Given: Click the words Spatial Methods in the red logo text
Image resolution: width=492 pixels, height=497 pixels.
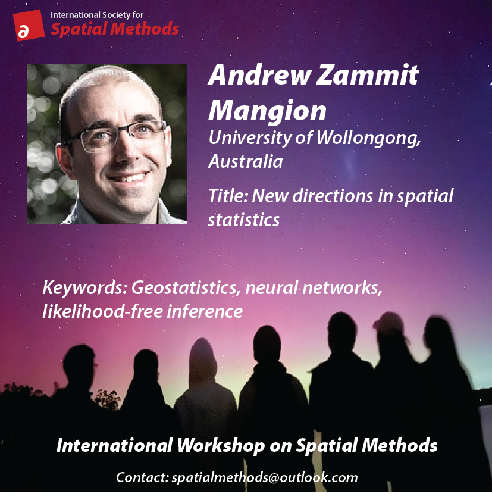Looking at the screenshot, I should tap(114, 28).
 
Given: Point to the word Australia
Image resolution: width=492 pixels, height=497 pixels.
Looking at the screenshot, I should tap(245, 161).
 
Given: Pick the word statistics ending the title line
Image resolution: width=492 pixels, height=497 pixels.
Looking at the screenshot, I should tap(243, 219).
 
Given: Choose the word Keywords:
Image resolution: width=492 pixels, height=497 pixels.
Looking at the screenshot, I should tap(84, 289).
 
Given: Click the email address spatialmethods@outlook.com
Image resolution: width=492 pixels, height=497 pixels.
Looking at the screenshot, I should tap(265, 477).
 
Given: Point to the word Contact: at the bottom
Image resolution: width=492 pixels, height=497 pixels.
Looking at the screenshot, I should tap(141, 477).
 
